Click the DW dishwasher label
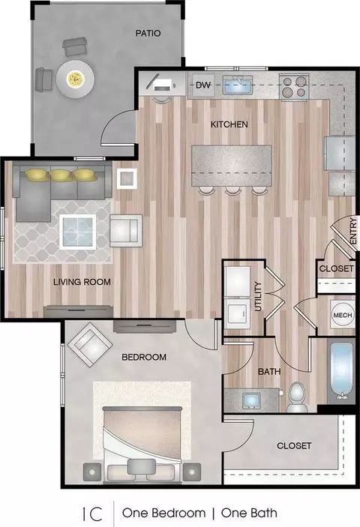(x=203, y=85)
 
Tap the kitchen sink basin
(x=237, y=85)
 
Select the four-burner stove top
(x=294, y=87)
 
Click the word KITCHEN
(x=229, y=124)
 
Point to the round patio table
(x=75, y=79)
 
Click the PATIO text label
(x=148, y=33)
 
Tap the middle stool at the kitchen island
(x=232, y=191)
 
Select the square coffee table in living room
(x=78, y=232)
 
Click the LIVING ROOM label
(x=82, y=282)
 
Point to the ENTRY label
(x=352, y=231)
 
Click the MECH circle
(x=343, y=315)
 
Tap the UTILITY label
(x=258, y=296)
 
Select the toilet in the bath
(x=296, y=397)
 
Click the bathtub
(x=341, y=371)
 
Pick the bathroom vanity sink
(x=252, y=400)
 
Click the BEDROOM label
(x=144, y=357)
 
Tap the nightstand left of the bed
(x=92, y=472)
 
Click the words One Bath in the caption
(x=249, y=513)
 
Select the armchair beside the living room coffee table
(x=126, y=231)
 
